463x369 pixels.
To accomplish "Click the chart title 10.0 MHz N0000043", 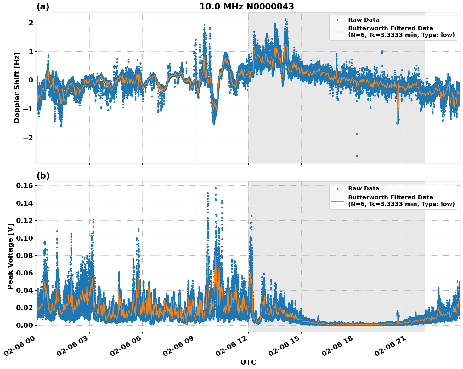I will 246,7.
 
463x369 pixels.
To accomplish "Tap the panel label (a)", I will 43,7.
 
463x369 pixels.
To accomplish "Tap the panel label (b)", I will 43,176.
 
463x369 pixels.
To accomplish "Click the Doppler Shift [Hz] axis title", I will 17,88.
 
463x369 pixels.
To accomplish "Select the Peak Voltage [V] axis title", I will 10,256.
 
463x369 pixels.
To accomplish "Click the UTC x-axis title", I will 248,362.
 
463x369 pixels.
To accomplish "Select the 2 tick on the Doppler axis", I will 31,23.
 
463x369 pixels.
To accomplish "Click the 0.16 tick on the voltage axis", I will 24,185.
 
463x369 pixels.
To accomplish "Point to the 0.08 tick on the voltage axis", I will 24,255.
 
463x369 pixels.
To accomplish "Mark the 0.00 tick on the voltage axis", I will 24,325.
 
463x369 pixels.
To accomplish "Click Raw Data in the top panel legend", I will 364,20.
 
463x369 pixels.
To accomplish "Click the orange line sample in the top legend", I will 337,32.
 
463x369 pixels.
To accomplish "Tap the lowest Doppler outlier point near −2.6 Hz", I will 357,156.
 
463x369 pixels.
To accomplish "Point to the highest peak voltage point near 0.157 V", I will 216,188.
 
